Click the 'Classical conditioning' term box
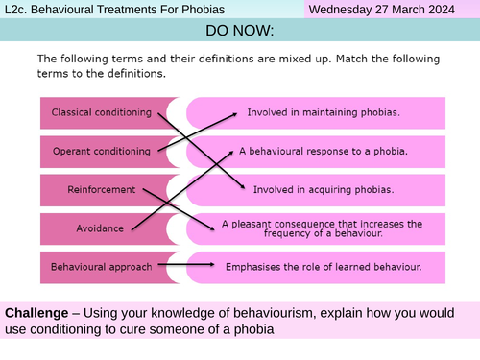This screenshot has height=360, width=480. (101, 113)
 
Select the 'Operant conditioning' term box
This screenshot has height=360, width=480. (101, 151)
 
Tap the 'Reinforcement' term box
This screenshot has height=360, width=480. (101, 189)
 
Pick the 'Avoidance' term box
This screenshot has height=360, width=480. (101, 228)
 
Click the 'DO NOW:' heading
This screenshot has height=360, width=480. (240, 32)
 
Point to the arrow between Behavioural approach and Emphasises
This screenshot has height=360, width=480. (196, 265)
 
